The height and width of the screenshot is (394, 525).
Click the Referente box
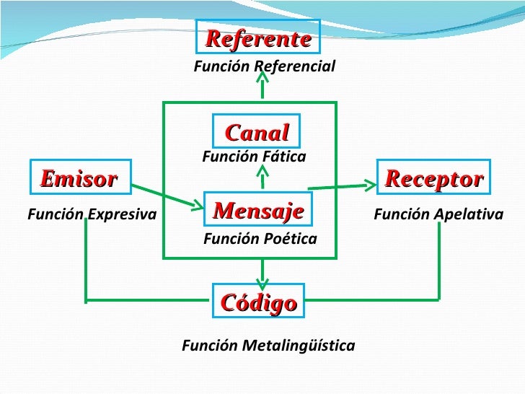click(258, 38)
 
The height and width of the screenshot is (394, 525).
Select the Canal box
click(257, 132)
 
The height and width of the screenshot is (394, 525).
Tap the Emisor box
click(79, 178)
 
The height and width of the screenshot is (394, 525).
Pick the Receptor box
click(433, 178)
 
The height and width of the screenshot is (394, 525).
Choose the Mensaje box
click(258, 211)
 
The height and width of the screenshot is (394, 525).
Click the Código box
click(258, 302)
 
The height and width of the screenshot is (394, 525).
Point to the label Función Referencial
click(264, 66)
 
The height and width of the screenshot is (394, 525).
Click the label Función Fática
click(254, 157)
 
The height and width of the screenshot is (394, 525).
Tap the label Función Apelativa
click(438, 214)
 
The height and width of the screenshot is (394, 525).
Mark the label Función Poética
click(260, 238)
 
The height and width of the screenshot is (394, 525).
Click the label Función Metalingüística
click(268, 346)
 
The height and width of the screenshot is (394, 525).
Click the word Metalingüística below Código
click(299, 346)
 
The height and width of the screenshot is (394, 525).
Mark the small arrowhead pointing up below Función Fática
click(262, 176)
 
